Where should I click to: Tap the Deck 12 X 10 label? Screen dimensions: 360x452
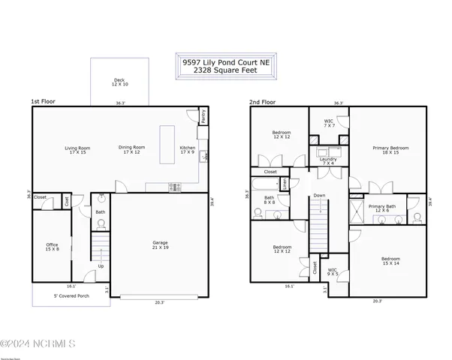click(x=119, y=82)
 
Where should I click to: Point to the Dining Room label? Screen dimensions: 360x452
click(x=131, y=150)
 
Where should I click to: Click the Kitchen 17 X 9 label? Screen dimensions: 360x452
click(x=188, y=150)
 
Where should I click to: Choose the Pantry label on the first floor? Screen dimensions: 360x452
click(x=203, y=115)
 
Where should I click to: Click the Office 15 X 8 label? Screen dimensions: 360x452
click(x=52, y=247)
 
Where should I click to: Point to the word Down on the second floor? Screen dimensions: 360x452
click(x=319, y=196)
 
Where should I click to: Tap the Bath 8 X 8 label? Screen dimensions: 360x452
click(x=269, y=199)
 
